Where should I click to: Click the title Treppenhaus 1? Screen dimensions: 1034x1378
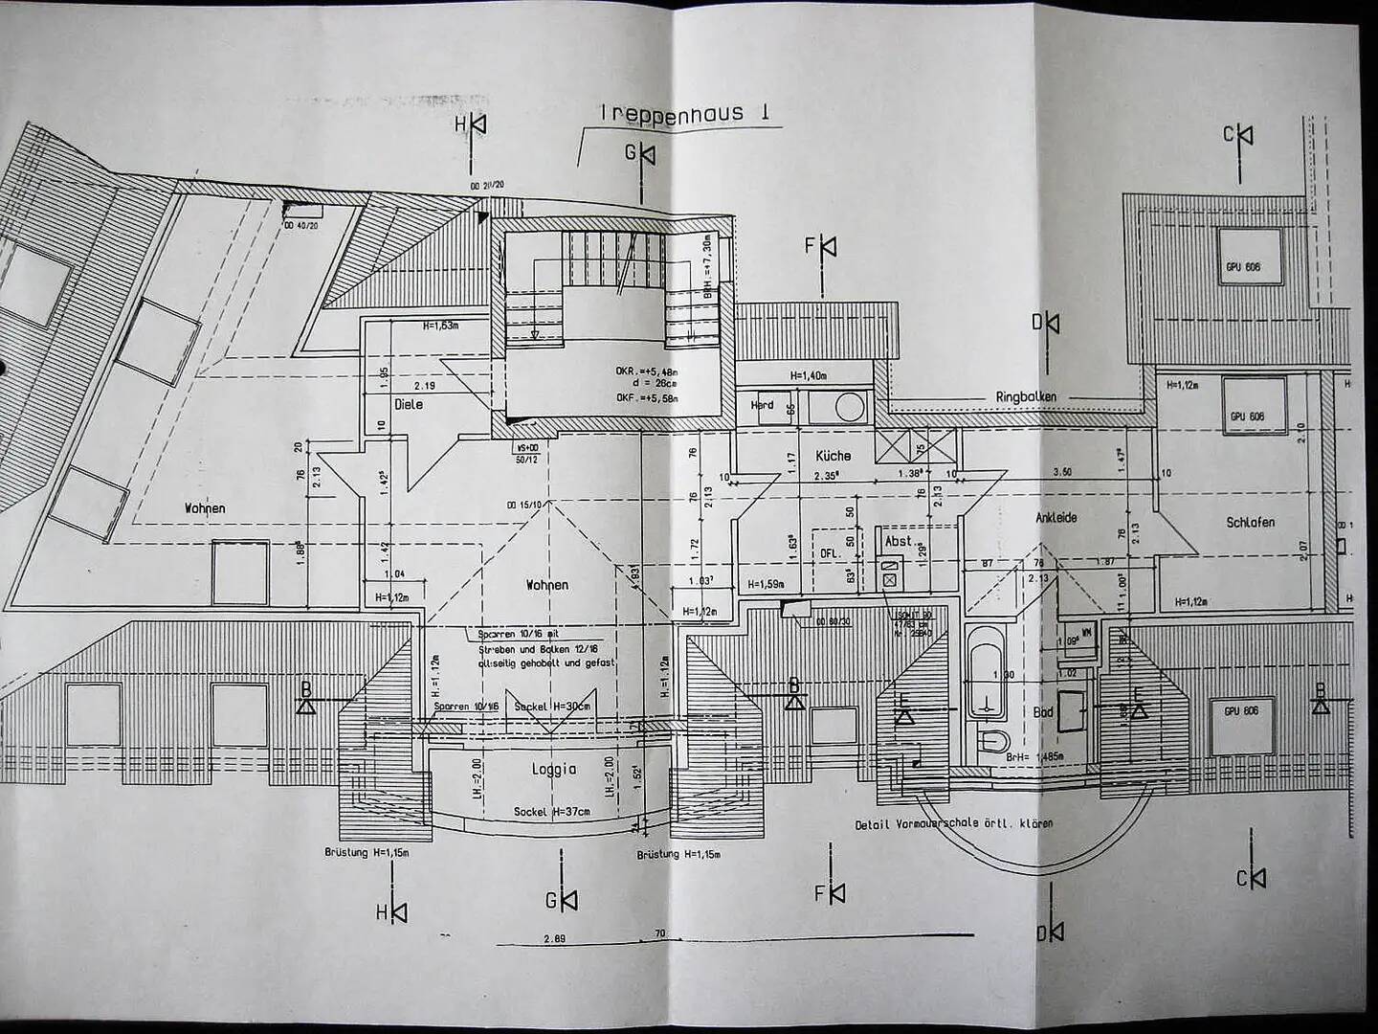coord(685,113)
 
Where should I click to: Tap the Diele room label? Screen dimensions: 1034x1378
coord(409,405)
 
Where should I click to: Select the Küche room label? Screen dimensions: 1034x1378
coord(833,456)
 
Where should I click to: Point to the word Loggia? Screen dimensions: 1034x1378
coord(554,769)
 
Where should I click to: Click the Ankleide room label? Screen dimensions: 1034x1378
coord(1056,517)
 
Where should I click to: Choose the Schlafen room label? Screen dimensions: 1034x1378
coord(1251,523)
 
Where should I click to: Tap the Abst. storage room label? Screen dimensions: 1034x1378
coord(898,541)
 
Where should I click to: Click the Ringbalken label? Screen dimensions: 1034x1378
coord(1026,396)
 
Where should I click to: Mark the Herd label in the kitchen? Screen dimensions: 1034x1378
coord(762,406)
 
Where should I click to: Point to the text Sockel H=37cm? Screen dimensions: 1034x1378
coord(552,811)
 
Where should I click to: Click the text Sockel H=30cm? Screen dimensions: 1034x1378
coord(552,706)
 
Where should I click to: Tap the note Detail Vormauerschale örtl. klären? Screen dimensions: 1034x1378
coord(954,824)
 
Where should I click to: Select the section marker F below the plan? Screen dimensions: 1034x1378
coord(830,893)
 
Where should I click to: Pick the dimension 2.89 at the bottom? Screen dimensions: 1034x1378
coord(554,939)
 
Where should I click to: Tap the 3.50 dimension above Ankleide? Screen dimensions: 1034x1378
coord(1061,472)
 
